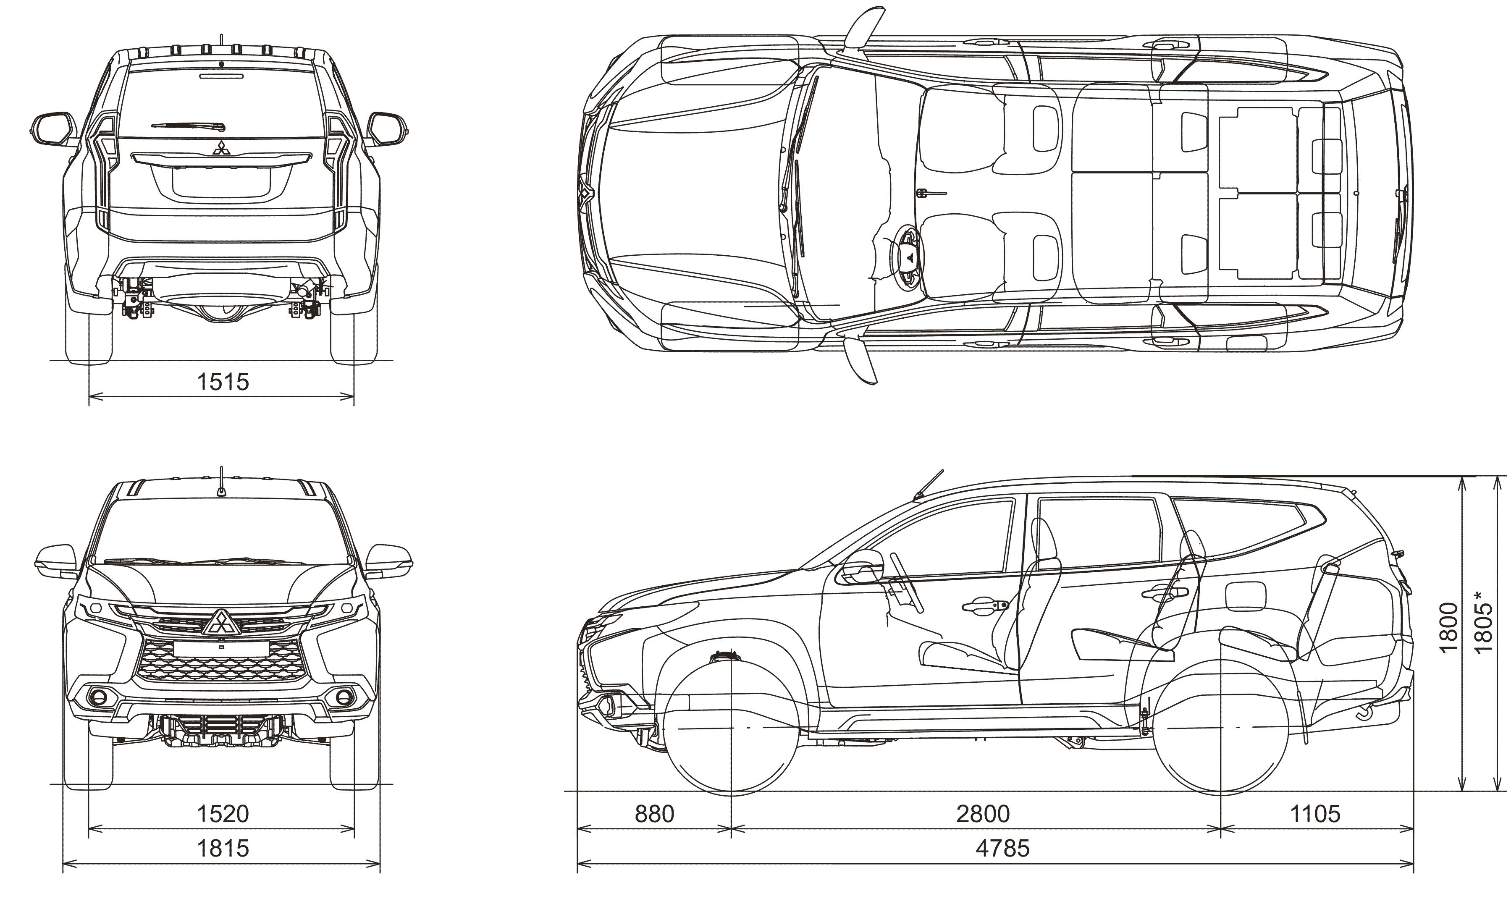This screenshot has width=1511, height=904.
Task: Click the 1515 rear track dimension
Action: pos(223,382)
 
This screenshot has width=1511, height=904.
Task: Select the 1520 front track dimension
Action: pos(223,813)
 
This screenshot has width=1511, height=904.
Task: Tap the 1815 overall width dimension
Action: pos(223,848)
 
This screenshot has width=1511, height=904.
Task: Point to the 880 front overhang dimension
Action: pos(654,813)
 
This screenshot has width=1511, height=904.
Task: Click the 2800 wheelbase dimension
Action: pos(983,813)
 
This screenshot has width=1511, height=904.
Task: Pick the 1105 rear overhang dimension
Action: pos(1315,813)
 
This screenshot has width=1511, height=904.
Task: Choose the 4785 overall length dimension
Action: pos(1002,848)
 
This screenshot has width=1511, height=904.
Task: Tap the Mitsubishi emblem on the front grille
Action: pos(222,622)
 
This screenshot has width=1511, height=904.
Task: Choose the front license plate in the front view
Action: pos(222,649)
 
